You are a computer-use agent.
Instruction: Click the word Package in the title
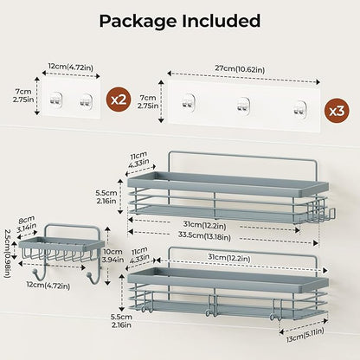click(138, 22)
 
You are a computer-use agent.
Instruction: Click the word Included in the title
click(221, 21)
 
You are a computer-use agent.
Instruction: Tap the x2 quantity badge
click(119, 100)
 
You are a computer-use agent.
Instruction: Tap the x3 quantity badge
click(336, 111)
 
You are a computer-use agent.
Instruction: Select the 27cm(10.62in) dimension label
click(240, 69)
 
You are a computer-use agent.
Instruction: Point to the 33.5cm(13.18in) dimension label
click(204, 236)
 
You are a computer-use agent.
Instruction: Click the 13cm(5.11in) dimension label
click(305, 334)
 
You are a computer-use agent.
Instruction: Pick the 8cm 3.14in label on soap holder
click(27, 225)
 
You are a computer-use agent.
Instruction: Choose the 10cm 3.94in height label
click(113, 255)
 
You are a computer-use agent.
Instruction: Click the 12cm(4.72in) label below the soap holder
click(48, 286)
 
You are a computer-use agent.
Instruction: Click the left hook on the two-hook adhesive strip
click(55, 99)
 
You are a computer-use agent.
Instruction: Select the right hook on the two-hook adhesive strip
click(86, 100)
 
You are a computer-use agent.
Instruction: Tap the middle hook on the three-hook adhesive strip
click(243, 106)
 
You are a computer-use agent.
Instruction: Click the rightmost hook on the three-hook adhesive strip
click(299, 109)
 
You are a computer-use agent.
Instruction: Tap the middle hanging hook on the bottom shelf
click(212, 305)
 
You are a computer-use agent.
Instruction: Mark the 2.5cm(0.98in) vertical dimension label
click(7, 254)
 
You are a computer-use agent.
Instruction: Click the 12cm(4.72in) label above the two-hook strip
click(71, 67)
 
